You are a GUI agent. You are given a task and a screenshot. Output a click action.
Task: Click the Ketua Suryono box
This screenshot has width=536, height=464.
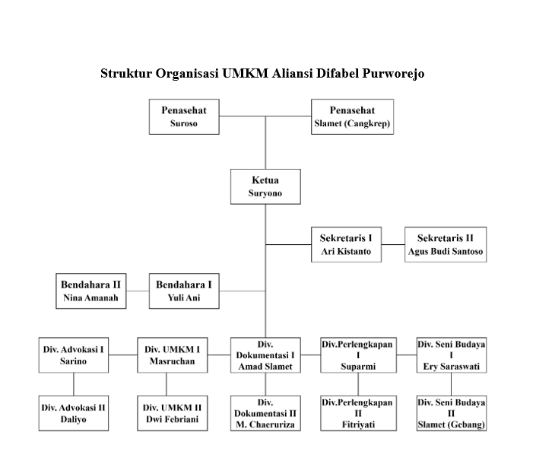(x=265, y=187)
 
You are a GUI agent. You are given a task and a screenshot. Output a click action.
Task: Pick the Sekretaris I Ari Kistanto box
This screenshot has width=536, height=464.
(x=346, y=245)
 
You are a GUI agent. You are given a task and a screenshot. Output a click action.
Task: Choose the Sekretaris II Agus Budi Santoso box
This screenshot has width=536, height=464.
(x=445, y=245)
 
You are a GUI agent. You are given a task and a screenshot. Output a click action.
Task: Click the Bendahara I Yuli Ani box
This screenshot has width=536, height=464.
(x=183, y=291)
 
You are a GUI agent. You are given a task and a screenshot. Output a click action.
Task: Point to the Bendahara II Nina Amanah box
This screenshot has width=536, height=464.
(x=90, y=291)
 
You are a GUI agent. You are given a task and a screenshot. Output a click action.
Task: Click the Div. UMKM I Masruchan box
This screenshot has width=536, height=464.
(x=173, y=355)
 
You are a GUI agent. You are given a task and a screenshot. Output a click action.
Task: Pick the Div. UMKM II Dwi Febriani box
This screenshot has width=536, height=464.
(x=173, y=413)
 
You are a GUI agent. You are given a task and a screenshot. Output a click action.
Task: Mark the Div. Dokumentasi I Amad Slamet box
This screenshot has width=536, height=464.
(x=265, y=355)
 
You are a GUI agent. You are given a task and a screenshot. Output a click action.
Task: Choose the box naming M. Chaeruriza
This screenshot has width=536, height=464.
(x=265, y=413)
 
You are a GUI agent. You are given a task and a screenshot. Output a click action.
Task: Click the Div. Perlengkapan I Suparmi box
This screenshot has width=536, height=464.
(x=357, y=355)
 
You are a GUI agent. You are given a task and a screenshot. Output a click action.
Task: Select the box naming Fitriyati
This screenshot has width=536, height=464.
(x=357, y=413)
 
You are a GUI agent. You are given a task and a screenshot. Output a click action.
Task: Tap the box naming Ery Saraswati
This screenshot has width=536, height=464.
(x=452, y=355)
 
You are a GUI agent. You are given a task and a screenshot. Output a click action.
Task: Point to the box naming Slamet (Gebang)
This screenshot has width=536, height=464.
(x=452, y=413)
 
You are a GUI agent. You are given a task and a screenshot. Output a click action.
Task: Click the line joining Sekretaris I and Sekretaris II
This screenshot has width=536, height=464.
(x=392, y=245)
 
